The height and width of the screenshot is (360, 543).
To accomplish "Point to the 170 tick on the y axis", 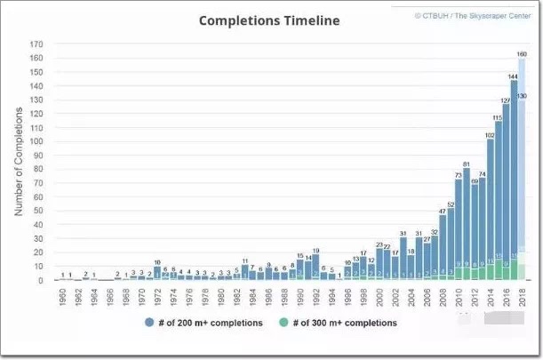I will pyautogui.click(x=37, y=44).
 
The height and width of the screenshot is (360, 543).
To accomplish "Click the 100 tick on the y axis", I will pyautogui.click(x=37, y=141).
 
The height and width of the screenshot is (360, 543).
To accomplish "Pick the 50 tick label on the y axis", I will pyautogui.click(x=40, y=211).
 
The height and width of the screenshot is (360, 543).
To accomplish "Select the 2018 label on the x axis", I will pyautogui.click(x=523, y=297).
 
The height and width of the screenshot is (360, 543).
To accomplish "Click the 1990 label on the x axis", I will pyautogui.click(x=300, y=297).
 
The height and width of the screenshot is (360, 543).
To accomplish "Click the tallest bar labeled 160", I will pyautogui.click(x=523, y=169).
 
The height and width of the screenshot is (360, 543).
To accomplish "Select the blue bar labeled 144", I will pyautogui.click(x=513, y=178).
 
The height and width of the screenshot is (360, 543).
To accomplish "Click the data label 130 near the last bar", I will pyautogui.click(x=522, y=96).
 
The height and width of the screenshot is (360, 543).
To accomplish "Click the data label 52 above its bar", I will pyautogui.click(x=451, y=204).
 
